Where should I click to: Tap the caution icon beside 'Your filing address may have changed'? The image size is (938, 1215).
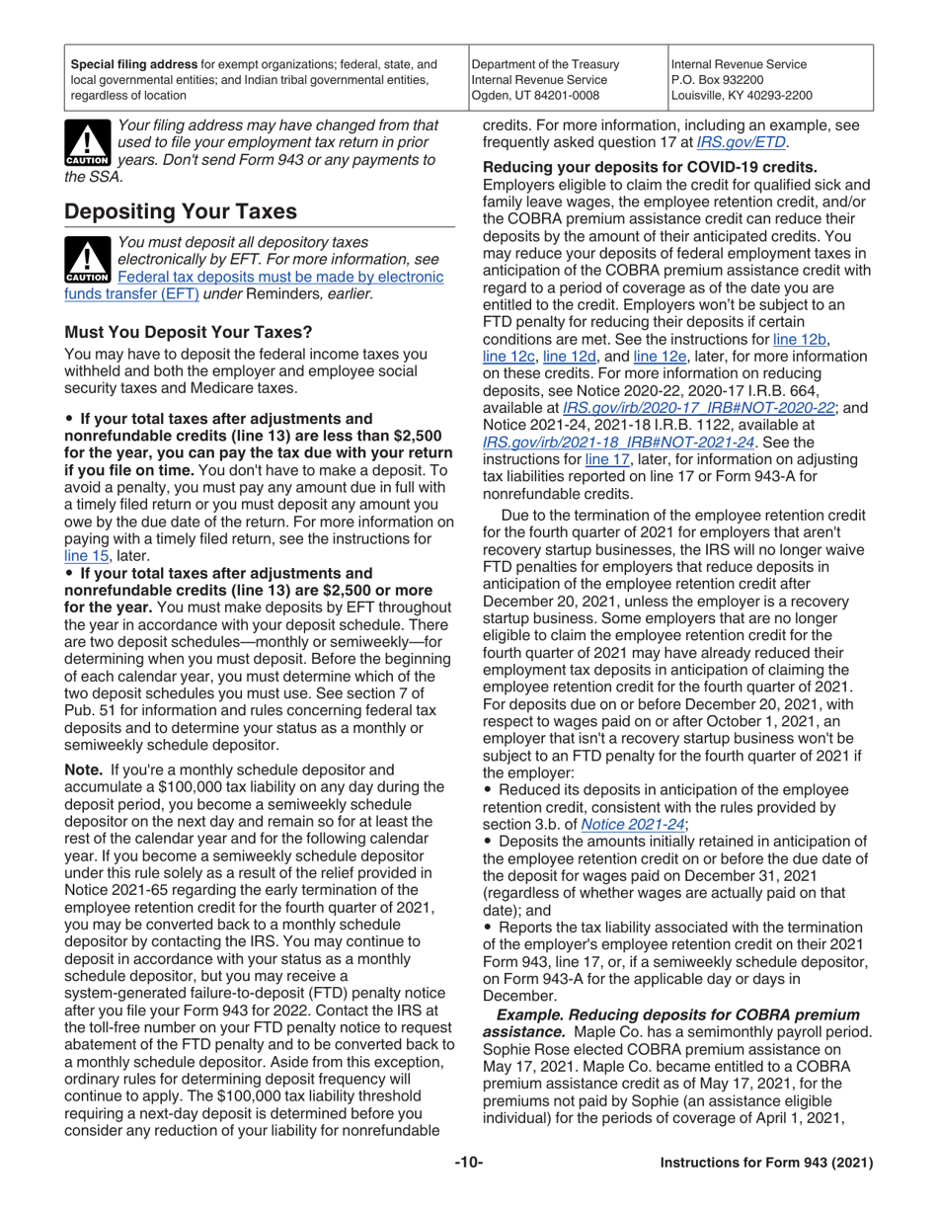point(88,143)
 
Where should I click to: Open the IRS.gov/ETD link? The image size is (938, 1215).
point(732,142)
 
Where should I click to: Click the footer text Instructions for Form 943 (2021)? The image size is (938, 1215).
point(766,1191)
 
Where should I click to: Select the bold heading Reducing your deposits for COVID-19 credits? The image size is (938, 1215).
point(650,167)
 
